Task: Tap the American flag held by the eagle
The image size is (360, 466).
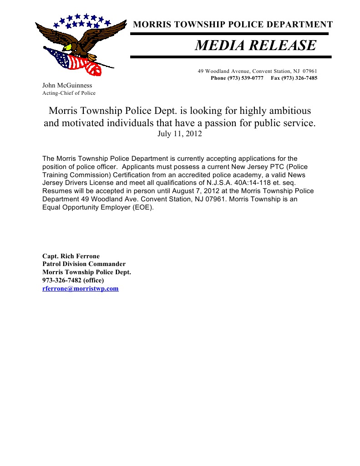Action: click(x=75, y=61)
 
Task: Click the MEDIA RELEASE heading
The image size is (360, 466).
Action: click(x=255, y=46)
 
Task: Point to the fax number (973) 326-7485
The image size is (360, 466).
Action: click(x=300, y=78)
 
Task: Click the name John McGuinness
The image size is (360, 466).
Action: click(x=67, y=85)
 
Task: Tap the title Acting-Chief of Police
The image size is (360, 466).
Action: click(x=69, y=93)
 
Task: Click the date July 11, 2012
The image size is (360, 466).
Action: click(x=179, y=134)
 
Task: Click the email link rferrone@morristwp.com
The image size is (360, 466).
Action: click(x=80, y=289)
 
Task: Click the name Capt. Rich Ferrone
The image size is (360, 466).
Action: click(x=71, y=256)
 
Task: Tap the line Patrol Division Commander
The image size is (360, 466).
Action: click(x=84, y=264)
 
